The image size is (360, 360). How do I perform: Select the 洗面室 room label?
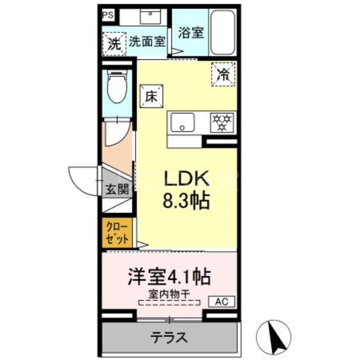point(147,42)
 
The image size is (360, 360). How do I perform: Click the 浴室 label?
point(191,32)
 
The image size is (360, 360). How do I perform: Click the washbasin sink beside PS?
point(149,17)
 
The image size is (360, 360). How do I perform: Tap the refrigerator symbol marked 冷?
point(223,73)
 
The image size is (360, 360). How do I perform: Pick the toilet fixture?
point(118,88)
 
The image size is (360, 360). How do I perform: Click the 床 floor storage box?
point(151,95)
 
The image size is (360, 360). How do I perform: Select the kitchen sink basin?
point(182,123)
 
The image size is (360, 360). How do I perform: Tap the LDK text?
point(186,180)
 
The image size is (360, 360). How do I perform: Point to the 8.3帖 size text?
point(186,201)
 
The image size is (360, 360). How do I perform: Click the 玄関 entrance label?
point(117,189)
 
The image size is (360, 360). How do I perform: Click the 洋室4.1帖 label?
point(170,276)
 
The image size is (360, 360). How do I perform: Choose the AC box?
point(222,301)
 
